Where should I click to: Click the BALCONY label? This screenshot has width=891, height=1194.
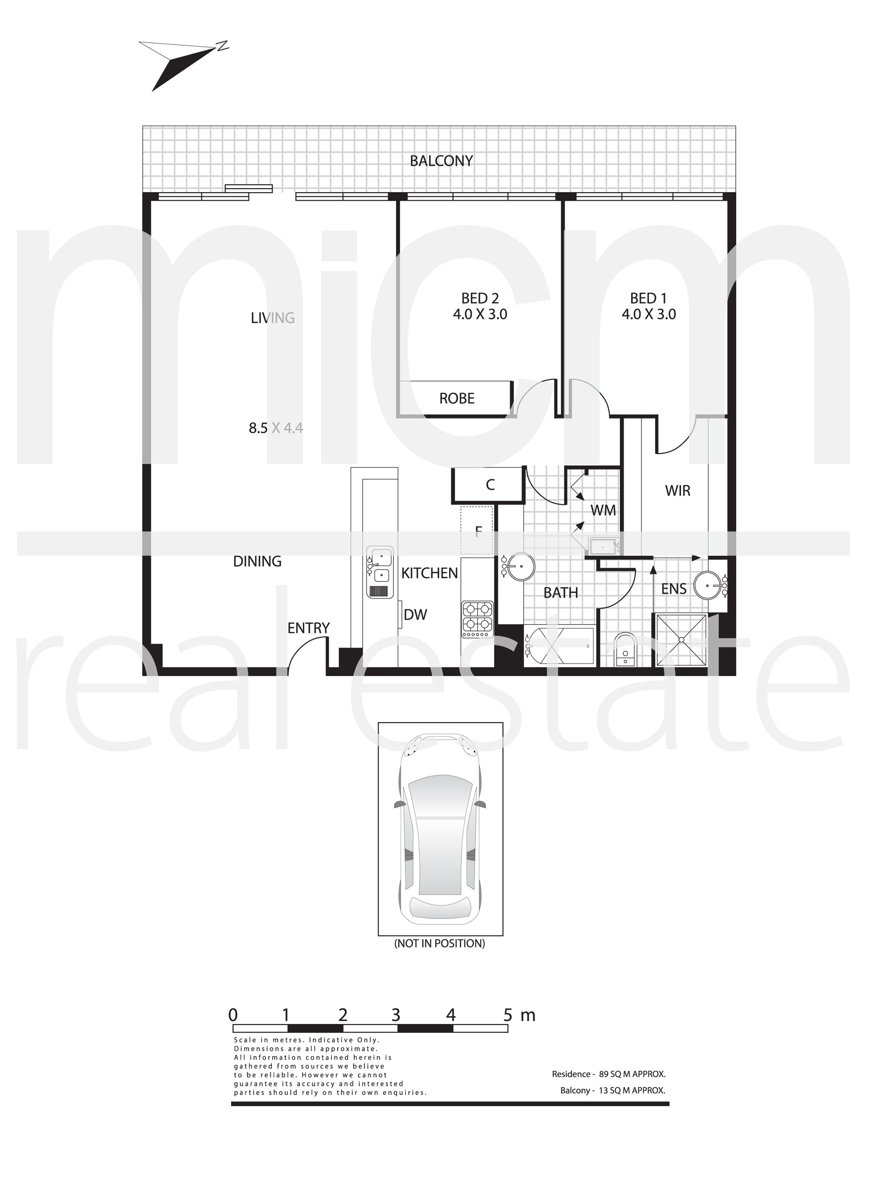tap(441, 161)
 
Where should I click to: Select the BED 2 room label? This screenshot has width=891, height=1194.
tap(480, 298)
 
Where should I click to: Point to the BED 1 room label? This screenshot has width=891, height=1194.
tap(648, 298)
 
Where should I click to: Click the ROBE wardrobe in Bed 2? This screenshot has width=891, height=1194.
tap(456, 398)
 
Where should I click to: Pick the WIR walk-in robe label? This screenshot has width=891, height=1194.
tap(677, 490)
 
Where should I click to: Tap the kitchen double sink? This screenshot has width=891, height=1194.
tap(380, 572)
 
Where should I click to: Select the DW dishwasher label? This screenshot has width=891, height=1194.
tap(415, 615)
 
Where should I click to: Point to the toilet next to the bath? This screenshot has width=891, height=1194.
tap(626, 649)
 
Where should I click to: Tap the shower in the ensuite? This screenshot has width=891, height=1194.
tap(681, 640)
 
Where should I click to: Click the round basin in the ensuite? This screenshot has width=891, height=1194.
tap(708, 585)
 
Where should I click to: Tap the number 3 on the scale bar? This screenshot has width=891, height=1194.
tap(396, 1015)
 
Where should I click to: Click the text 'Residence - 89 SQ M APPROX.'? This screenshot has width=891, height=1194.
tap(608, 1074)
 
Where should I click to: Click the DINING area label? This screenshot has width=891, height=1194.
tap(257, 561)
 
